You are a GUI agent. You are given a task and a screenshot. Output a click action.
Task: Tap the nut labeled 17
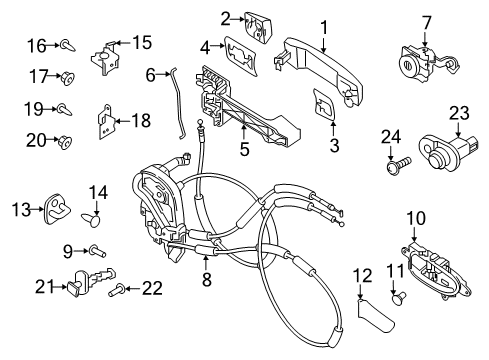tap(66, 77)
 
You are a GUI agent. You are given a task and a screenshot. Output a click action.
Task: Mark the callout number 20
tap(35, 140)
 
